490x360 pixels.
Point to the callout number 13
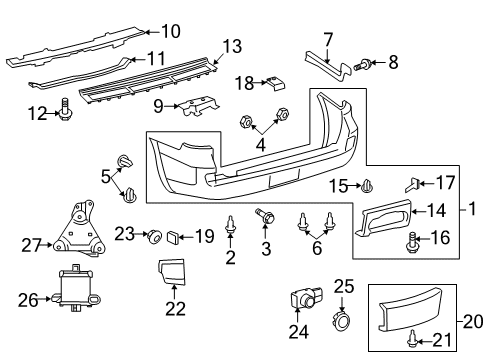tap(232, 45)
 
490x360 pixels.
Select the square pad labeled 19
tap(177, 237)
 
